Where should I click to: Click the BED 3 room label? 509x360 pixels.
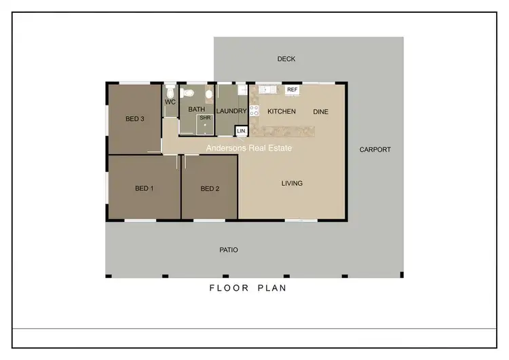pyautogui.click(x=135, y=119)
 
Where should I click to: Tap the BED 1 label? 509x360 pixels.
pyautogui.click(x=144, y=188)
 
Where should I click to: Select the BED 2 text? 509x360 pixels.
pyautogui.click(x=210, y=188)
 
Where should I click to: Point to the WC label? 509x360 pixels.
pyautogui.click(x=170, y=102)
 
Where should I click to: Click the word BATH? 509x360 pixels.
pyautogui.click(x=197, y=109)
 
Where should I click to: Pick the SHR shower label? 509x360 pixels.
pyautogui.click(x=205, y=118)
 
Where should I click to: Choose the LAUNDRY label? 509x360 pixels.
pyautogui.click(x=231, y=111)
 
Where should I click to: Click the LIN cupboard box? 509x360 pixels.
pyautogui.click(x=241, y=130)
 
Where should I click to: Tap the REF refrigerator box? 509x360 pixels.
pyautogui.click(x=293, y=90)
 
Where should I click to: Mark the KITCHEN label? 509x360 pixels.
pyautogui.click(x=282, y=111)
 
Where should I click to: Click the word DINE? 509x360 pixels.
pyautogui.click(x=320, y=111)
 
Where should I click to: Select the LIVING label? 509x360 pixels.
pyautogui.click(x=293, y=183)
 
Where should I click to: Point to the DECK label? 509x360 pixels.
pyautogui.click(x=286, y=59)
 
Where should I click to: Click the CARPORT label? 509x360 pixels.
pyautogui.click(x=375, y=149)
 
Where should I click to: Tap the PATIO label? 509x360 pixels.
pyautogui.click(x=229, y=250)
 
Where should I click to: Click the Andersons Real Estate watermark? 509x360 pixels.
pyautogui.click(x=249, y=147)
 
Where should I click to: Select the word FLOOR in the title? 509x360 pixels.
pyautogui.click(x=225, y=288)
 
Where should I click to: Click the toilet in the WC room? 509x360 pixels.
pyautogui.click(x=170, y=90)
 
